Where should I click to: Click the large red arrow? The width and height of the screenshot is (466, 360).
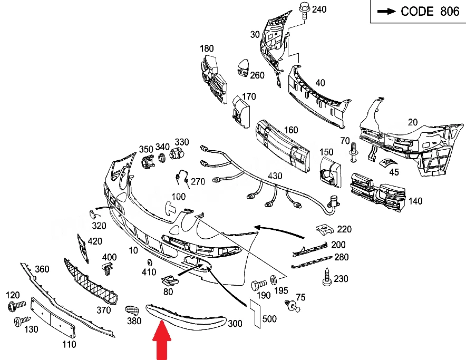tap(162, 340)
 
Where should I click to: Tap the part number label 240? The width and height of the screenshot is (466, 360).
tap(319, 9)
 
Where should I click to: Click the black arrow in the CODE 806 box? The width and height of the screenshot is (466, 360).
tap(386, 11)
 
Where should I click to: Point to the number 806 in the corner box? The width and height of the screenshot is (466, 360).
tap(450, 11)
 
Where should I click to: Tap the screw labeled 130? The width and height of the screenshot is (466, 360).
tap(22, 321)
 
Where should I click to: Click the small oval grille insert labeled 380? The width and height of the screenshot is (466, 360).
tap(132, 310)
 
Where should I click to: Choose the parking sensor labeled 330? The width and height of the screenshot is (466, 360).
tap(177, 154)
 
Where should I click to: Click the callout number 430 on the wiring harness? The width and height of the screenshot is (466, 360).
tap(275, 176)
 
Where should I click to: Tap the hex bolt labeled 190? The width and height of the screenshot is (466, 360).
tap(258, 285)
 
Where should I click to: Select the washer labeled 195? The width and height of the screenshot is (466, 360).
tap(273, 280)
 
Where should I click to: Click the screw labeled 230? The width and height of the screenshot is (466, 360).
tap(327, 277)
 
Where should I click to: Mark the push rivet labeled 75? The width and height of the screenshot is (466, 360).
tap(293, 306)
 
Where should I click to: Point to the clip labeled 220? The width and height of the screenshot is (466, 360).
tap(325, 229)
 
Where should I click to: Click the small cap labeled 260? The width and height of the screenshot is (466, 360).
tap(243, 68)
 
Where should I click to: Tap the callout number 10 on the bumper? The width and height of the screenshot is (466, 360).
tap(133, 250)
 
